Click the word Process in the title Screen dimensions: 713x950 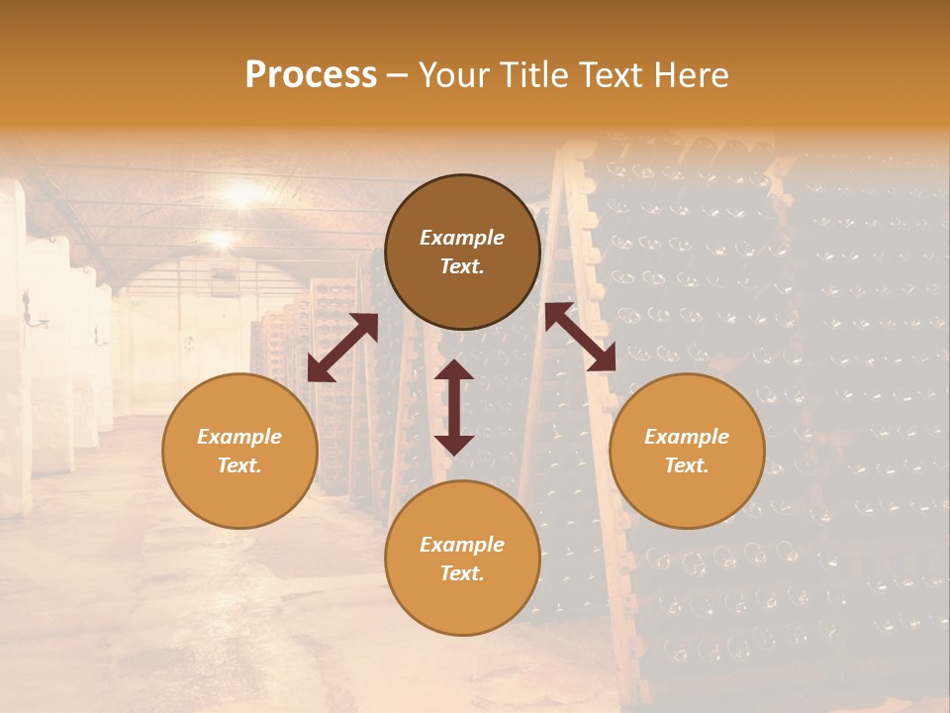(x=311, y=75)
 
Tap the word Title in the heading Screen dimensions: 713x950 (x=537, y=75)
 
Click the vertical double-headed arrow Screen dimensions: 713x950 (x=454, y=407)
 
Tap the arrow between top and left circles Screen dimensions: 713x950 (x=342, y=348)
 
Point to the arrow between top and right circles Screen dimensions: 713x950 (x=580, y=337)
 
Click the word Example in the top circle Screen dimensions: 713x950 (x=462, y=238)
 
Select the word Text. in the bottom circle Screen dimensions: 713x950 (x=462, y=573)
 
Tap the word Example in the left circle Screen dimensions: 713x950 (x=239, y=437)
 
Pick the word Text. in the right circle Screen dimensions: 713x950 (x=687, y=465)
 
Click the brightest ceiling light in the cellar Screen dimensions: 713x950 (x=240, y=191)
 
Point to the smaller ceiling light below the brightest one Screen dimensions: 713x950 (x=220, y=239)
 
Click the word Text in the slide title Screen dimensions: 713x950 (x=617, y=75)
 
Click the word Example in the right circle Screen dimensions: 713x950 (x=687, y=437)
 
